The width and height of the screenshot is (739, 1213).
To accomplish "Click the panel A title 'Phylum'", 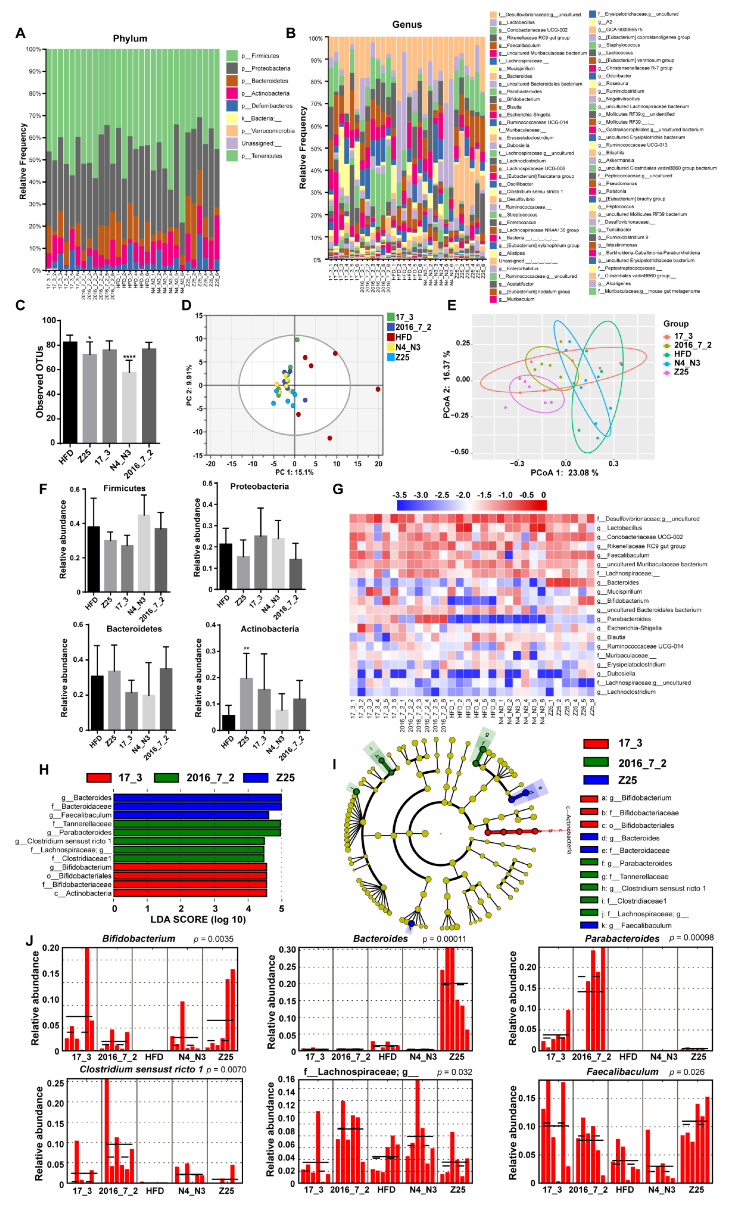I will [130, 38].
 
